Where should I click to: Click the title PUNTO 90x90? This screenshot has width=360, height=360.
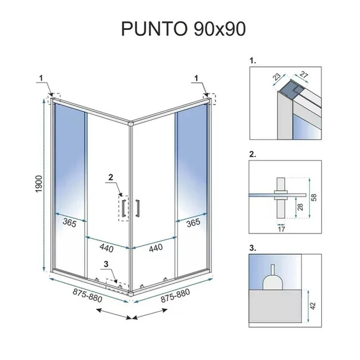[183, 29]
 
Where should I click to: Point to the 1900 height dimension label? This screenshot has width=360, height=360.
[39, 184]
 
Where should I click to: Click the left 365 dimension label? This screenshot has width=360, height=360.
[69, 223]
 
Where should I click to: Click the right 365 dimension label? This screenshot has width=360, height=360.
[193, 223]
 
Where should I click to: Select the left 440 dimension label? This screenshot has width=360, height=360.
[106, 248]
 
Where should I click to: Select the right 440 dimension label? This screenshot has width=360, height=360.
[156, 248]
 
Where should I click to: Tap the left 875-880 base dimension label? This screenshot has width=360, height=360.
[87, 296]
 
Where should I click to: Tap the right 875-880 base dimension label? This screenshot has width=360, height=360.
[175, 296]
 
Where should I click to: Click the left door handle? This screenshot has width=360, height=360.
[124, 208]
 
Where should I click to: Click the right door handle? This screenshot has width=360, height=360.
[137, 208]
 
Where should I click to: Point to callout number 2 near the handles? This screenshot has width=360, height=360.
[111, 177]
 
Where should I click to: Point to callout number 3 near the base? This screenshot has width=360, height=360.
[106, 264]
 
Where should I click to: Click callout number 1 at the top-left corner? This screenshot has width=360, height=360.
[41, 78]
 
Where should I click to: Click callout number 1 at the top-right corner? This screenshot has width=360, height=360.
[196, 78]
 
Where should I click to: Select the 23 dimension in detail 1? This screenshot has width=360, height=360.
[276, 76]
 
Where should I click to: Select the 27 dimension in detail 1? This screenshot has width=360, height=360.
[303, 75]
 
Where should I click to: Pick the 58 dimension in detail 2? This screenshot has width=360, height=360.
[313, 198]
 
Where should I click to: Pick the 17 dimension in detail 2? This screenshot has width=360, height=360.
[281, 229]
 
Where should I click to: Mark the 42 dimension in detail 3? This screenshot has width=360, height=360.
[313, 306]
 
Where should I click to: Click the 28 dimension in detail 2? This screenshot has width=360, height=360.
[300, 207]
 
